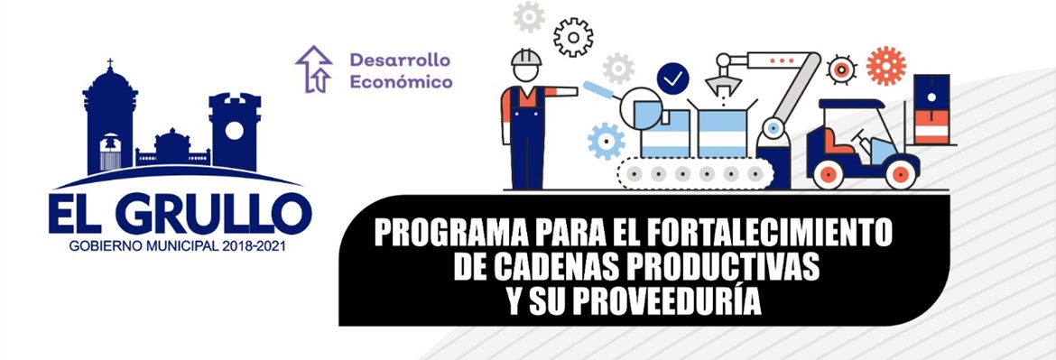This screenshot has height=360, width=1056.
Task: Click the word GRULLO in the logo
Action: tap(214, 213)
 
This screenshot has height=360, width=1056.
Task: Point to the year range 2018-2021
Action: tap(254, 246)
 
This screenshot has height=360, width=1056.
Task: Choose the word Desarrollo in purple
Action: tap(400, 60)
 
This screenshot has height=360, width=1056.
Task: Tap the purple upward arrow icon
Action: tap(314, 69)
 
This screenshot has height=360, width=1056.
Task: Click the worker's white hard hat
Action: tap(526, 57)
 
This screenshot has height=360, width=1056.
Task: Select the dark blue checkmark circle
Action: tap(672, 78)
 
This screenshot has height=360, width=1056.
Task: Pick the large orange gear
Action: tap(886, 65)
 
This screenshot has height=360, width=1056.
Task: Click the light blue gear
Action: tap(607, 141)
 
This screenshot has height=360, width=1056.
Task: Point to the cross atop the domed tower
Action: tap(110, 64)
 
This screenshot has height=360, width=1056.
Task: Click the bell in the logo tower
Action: tap(110, 143)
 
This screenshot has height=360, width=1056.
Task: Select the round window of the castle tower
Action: tap(234, 131)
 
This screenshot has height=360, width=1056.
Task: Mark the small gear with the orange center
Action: tap(840, 69)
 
